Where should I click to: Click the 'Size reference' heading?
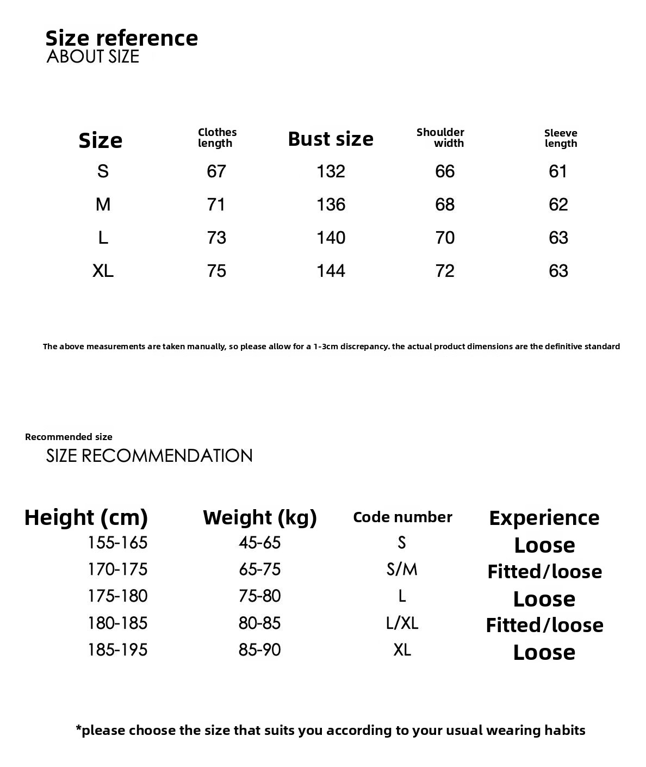(x=121, y=38)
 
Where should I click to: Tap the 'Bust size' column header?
(x=331, y=139)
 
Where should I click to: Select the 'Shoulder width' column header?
(x=440, y=138)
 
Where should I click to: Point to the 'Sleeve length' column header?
(x=561, y=138)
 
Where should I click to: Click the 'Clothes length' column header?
(x=217, y=138)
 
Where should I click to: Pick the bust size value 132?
(x=331, y=171)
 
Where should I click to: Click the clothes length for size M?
(x=216, y=205)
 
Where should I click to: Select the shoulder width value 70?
(x=445, y=238)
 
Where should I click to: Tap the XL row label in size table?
(x=103, y=271)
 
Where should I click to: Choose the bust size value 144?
(x=331, y=271)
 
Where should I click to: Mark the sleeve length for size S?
(x=558, y=171)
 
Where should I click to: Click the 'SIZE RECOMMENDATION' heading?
(x=150, y=456)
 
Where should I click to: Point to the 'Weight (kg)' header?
(x=260, y=517)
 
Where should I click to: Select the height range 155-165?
(x=117, y=542)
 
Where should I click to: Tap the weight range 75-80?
(x=259, y=596)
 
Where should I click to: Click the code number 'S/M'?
(x=402, y=570)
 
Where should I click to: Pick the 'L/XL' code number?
(x=402, y=623)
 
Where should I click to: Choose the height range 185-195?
(x=117, y=650)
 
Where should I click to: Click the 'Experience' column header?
(x=544, y=518)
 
